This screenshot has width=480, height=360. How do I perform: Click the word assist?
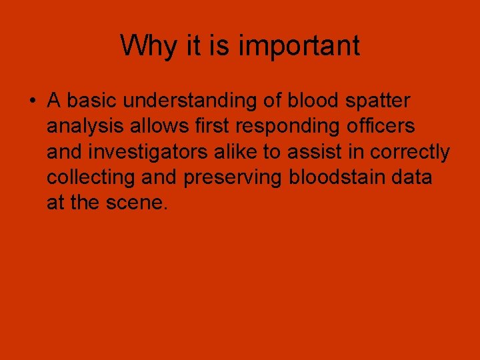pyautogui.click(x=315, y=152)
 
